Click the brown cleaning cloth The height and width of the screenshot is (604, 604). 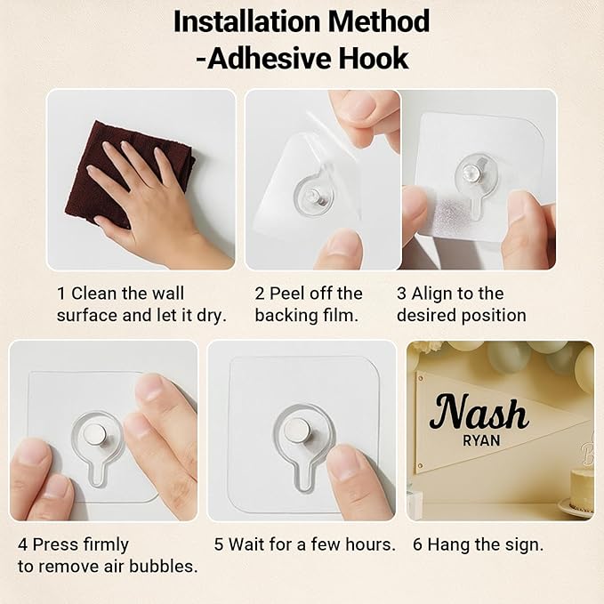[127, 175]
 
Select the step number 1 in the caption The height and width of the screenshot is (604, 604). [60, 294]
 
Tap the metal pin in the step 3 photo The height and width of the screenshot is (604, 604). [471, 172]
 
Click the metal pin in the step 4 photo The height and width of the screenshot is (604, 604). [95, 434]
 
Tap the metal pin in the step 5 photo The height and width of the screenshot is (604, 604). [298, 431]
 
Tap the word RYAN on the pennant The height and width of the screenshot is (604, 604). [481, 440]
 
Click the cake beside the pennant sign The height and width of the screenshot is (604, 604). [582, 489]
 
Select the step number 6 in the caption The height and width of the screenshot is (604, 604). [417, 544]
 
